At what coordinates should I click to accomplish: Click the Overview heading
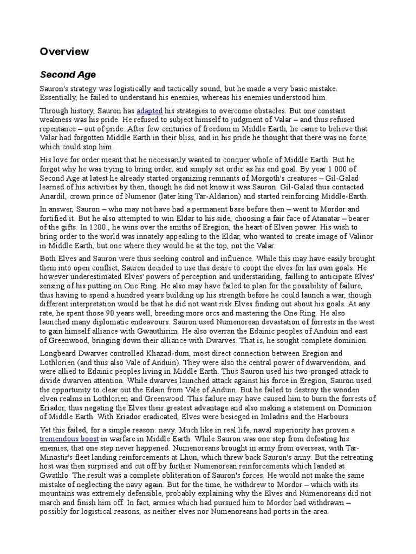pos(64,51)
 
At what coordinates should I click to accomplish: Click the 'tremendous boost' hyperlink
pos(68,439)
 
